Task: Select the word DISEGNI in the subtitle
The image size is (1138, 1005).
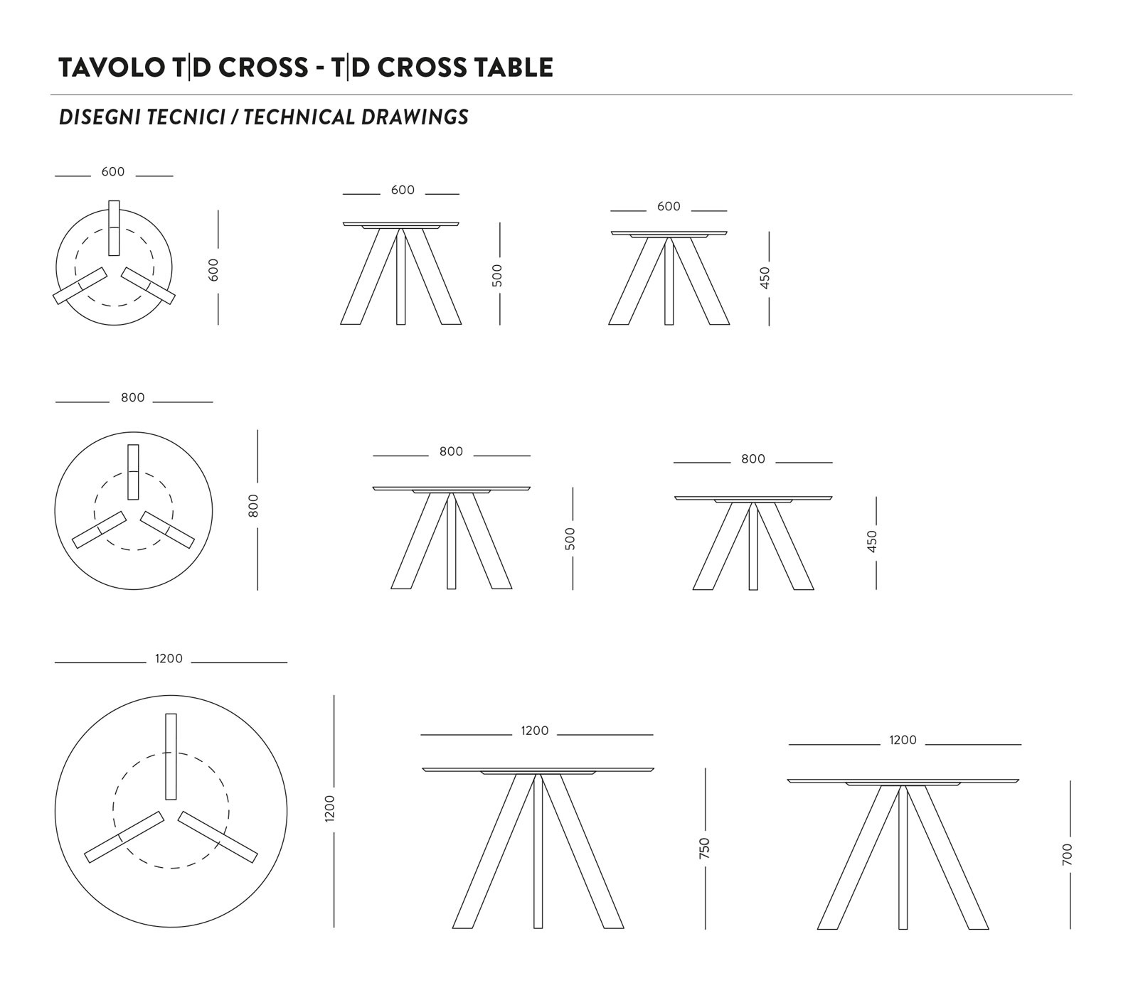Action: [x=100, y=117]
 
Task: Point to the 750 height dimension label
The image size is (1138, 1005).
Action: [x=705, y=848]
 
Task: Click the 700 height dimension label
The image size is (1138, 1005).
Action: [x=1067, y=854]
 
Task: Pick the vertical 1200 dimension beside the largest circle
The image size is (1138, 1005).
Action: [x=329, y=809]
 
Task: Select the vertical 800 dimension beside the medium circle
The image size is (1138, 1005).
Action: [x=254, y=505]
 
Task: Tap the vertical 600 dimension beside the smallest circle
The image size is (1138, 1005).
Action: [x=214, y=269]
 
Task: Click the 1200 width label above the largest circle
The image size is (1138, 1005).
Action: [x=169, y=659]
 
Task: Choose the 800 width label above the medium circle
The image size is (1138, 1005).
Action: [x=133, y=398]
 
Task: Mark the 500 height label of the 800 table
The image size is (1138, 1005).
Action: [x=569, y=538]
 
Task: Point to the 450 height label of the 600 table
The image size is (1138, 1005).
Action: [x=765, y=277]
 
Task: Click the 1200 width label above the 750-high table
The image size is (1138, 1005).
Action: [x=535, y=731]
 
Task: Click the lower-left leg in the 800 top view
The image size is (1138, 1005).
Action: [x=99, y=530]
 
